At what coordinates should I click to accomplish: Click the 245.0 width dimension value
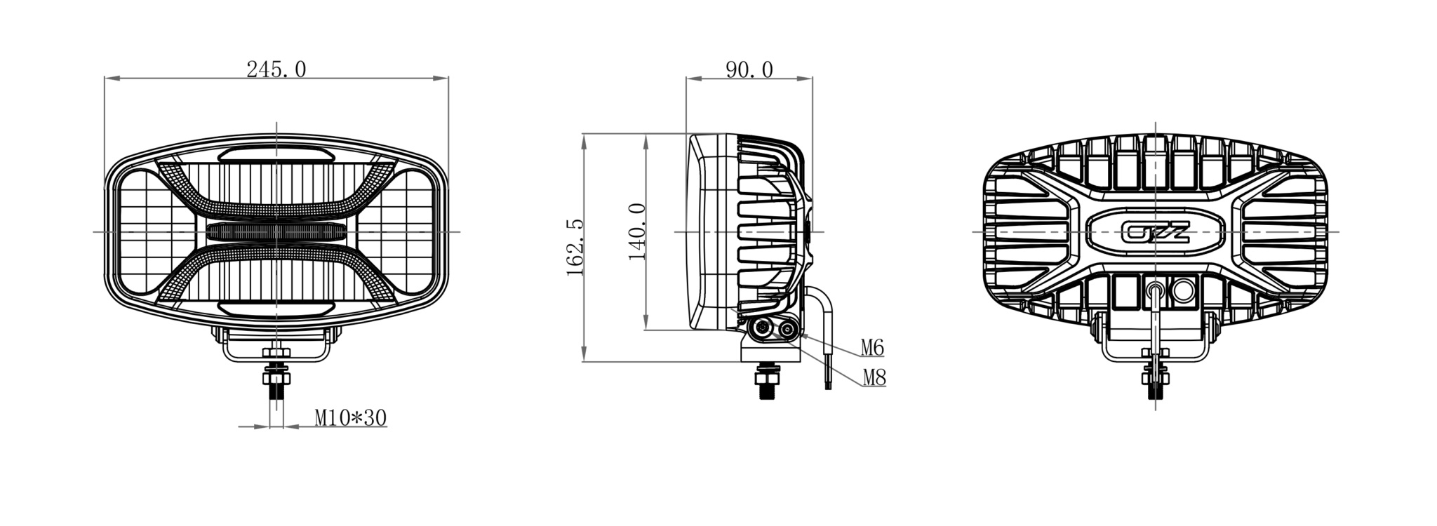(x=276, y=69)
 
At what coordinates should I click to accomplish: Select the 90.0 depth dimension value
(x=749, y=69)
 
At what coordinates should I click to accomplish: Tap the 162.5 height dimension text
(x=575, y=247)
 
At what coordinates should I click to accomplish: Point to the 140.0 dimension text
(x=636, y=231)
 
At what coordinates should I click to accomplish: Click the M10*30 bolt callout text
(x=350, y=418)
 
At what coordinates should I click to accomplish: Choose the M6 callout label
(x=872, y=347)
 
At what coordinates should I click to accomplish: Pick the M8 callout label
(x=874, y=378)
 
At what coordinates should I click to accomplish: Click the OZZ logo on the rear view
(x=1155, y=231)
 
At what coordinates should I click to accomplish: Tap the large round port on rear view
(x=1184, y=289)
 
